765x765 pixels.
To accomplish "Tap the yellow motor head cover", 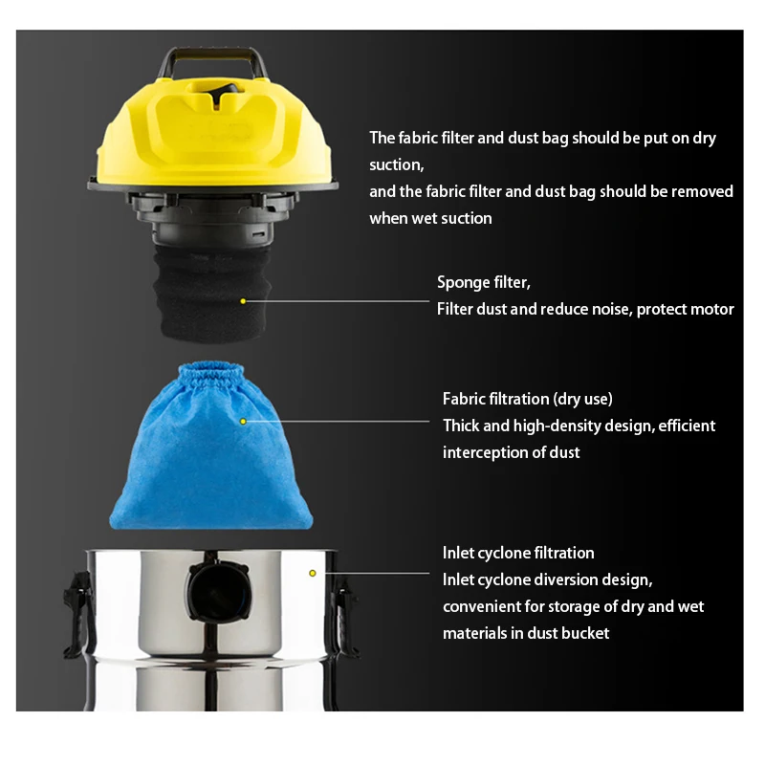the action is coord(213,132).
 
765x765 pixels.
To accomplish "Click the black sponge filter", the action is coord(211,293).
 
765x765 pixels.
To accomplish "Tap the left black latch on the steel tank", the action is coord(78,615).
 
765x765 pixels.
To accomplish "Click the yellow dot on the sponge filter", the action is coord(243,301).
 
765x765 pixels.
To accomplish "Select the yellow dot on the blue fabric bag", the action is coord(243,421).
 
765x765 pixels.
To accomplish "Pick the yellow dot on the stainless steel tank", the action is coord(313,573).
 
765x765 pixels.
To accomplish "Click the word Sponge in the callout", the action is coord(464,283).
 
